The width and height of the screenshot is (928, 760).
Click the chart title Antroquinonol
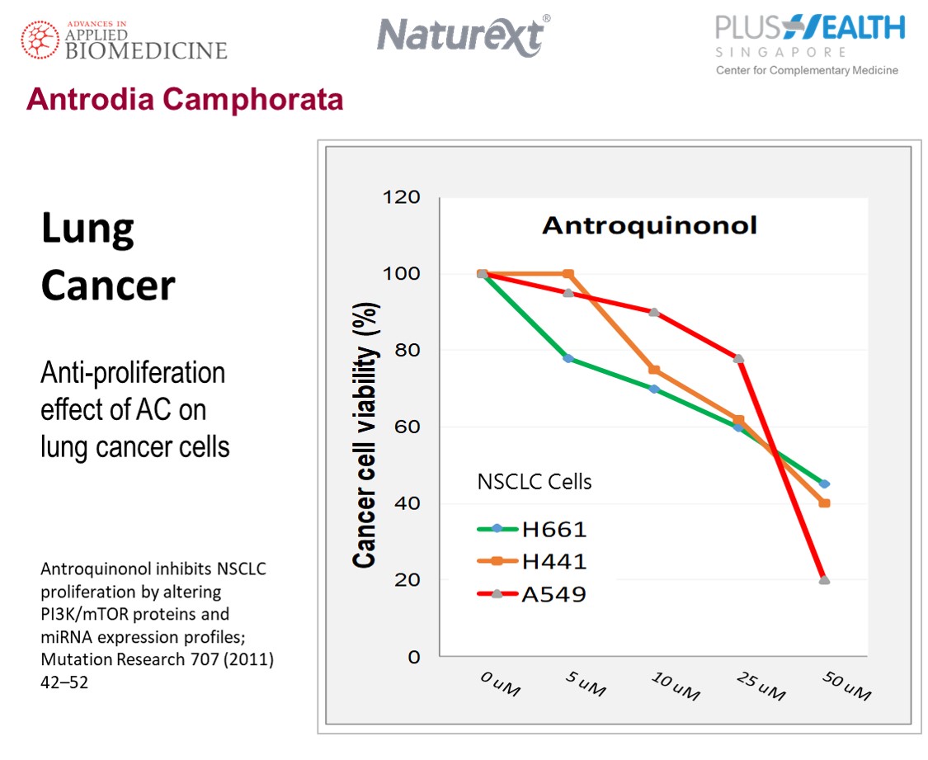(649, 225)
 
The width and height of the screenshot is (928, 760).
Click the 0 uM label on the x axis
(500, 682)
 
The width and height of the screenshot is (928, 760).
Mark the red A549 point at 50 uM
(824, 580)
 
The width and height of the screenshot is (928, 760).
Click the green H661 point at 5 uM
(568, 358)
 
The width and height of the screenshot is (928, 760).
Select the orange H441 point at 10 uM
(654, 370)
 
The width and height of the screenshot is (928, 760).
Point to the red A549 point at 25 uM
(738, 358)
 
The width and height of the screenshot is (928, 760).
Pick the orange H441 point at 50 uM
(824, 503)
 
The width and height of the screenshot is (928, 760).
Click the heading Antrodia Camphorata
(185, 100)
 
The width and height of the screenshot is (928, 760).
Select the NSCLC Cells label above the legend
(535, 482)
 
